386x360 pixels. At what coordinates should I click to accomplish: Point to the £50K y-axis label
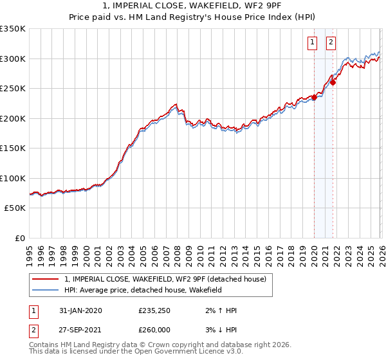point(14,208)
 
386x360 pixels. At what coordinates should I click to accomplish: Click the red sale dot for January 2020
point(314,97)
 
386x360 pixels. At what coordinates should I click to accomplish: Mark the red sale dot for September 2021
point(333,82)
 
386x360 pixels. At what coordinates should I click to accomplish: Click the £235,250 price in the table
point(155,310)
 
